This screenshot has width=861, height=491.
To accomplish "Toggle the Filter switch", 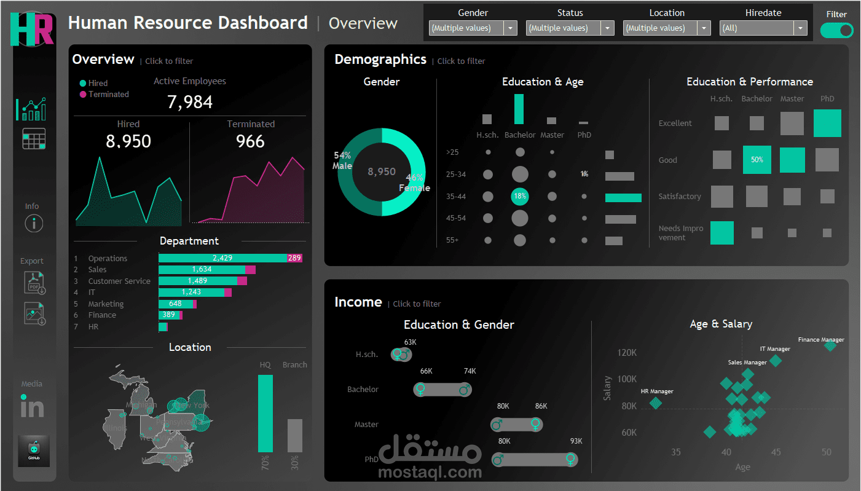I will (x=836, y=30).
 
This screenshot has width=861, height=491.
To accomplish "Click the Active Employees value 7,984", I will (x=190, y=102).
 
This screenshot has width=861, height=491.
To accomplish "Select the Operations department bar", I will (x=222, y=258).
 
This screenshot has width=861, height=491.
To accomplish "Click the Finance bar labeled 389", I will (x=168, y=315).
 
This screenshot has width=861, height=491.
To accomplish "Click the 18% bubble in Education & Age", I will (x=520, y=197).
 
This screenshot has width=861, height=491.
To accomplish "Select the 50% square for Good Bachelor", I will (x=757, y=160).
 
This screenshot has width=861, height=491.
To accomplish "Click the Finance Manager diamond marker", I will (x=830, y=346).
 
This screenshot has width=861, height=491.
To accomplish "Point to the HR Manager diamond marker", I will (x=656, y=403).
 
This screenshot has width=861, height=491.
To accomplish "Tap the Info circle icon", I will (x=34, y=224).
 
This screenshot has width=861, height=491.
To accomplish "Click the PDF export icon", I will (x=34, y=283).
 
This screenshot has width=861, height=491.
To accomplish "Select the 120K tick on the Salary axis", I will (x=627, y=353).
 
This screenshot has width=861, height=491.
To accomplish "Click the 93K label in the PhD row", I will (x=576, y=441).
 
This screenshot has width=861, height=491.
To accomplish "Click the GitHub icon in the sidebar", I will (x=34, y=451).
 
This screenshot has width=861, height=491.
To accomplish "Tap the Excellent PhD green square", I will (x=827, y=123).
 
